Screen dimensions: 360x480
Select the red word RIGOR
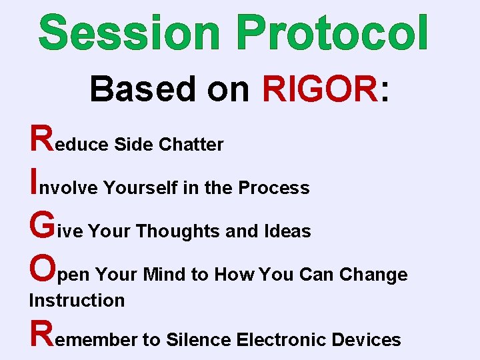point(320,89)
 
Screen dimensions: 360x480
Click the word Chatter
point(191,144)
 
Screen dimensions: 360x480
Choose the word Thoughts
point(177,231)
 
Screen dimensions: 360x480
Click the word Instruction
point(77,301)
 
